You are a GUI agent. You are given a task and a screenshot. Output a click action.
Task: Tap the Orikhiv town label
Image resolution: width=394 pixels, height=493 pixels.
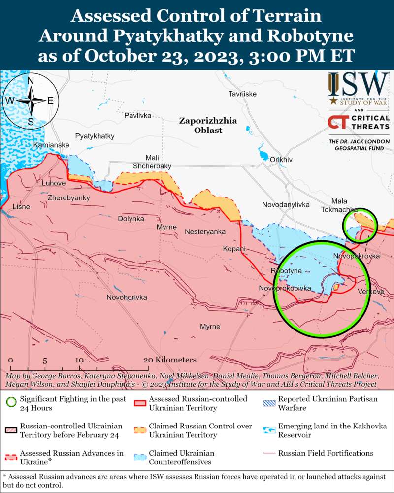click(x=281, y=160)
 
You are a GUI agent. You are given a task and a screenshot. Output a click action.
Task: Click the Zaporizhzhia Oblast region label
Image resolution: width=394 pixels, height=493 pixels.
click(x=208, y=125)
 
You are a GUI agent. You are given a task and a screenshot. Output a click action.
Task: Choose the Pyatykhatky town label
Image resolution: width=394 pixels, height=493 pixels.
click(x=95, y=136)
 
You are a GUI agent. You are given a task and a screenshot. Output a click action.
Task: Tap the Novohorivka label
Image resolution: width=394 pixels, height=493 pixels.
click(x=127, y=297)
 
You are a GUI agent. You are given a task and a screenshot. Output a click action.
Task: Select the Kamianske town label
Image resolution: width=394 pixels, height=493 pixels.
click(x=51, y=145)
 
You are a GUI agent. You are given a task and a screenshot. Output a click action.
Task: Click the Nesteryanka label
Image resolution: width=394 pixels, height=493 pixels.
click(x=205, y=231)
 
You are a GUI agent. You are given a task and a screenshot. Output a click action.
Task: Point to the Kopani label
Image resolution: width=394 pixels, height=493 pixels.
click(x=234, y=249)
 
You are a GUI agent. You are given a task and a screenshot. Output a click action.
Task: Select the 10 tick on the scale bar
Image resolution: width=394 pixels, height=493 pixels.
click(x=79, y=360)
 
